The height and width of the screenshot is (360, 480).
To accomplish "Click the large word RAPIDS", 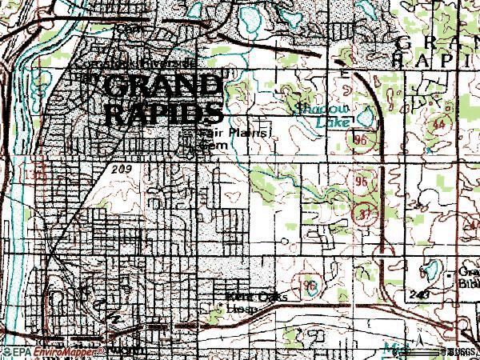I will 162,112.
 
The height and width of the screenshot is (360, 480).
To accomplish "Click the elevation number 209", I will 120,170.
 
